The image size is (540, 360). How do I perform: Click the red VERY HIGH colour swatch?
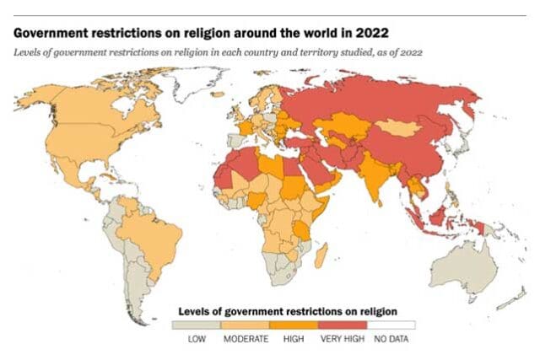[x=342, y=325]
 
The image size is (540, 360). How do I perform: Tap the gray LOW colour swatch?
[x=196, y=325]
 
